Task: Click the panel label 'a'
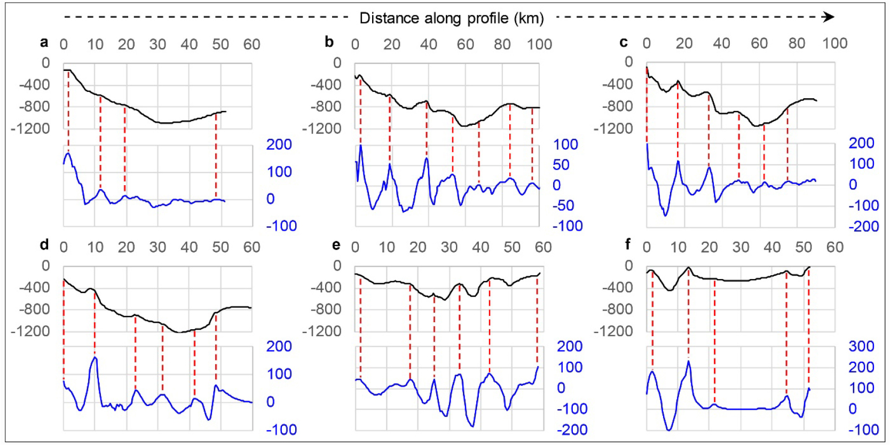point(44,42)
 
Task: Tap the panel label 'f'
point(628,244)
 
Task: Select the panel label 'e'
point(336,245)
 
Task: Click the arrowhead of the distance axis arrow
point(829,17)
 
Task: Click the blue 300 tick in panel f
point(861,346)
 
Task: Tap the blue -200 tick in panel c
point(863,226)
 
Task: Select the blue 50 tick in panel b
point(561,165)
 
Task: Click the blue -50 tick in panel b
point(563,205)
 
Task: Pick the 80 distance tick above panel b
point(502,44)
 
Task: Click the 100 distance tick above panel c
point(834,43)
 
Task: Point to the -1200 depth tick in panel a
point(30,128)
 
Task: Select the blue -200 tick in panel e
point(572,430)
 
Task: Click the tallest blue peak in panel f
point(688,362)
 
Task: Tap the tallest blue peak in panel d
point(94,357)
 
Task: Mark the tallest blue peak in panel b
point(361,145)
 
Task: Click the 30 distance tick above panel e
point(449,247)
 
